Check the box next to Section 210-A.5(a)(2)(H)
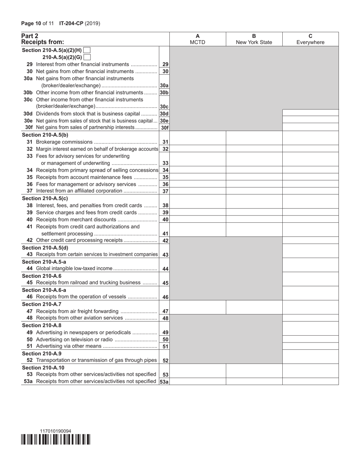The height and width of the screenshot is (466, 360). click(x=86, y=50)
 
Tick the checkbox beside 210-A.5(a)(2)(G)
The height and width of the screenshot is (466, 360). click(x=87, y=57)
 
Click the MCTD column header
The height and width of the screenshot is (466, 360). click(x=197, y=39)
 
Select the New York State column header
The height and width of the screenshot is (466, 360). click(x=254, y=39)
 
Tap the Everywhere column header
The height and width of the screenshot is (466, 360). click(x=310, y=39)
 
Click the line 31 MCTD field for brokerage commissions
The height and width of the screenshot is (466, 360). click(x=197, y=141)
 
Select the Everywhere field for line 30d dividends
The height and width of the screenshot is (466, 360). click(x=310, y=113)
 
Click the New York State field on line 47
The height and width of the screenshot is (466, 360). click(x=254, y=311)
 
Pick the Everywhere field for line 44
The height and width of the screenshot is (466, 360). click(x=310, y=268)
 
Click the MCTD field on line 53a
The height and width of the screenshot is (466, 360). click(x=197, y=382)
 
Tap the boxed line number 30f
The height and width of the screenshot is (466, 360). click(x=164, y=128)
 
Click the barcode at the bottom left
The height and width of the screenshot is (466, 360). click(x=56, y=439)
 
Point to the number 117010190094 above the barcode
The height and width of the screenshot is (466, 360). click(x=55, y=431)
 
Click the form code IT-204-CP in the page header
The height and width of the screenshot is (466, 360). click(x=71, y=23)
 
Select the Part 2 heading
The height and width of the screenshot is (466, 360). click(x=30, y=36)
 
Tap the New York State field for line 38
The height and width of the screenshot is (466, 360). click(x=254, y=205)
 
